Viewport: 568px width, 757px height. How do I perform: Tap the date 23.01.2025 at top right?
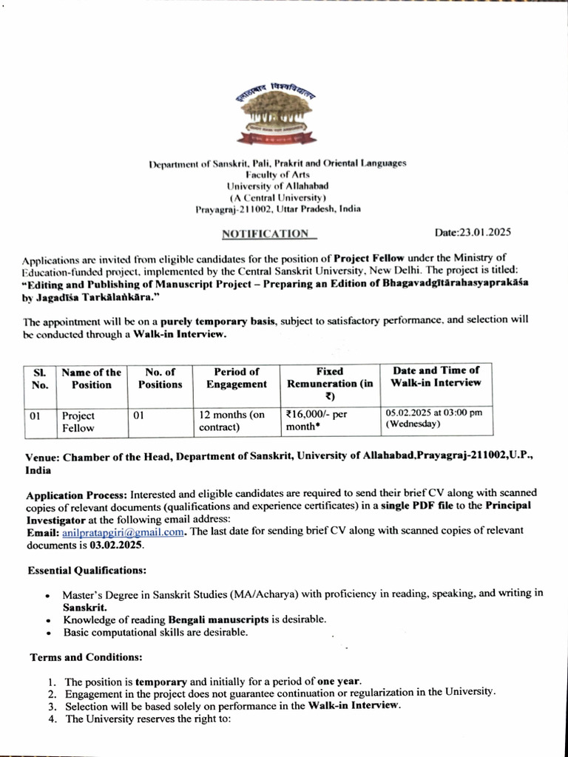(473, 232)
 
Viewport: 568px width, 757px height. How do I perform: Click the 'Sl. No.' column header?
(40, 378)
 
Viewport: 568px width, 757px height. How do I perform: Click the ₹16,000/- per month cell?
(316, 421)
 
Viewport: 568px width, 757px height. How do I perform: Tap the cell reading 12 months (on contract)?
(232, 421)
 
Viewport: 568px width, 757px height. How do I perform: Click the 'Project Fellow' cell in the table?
(78, 421)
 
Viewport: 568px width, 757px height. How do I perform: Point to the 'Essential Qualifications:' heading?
(87, 571)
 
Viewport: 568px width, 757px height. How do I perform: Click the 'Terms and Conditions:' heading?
(86, 657)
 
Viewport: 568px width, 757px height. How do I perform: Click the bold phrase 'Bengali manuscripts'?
(221, 619)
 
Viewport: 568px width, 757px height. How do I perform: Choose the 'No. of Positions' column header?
(160, 378)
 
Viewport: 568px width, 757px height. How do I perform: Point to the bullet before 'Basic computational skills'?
(48, 634)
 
